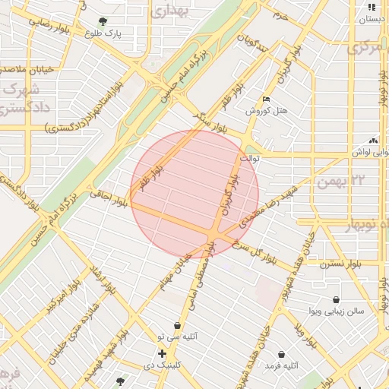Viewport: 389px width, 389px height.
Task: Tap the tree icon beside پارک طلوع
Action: (x=103, y=21)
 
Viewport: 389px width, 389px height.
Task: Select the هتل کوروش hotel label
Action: (x=266, y=111)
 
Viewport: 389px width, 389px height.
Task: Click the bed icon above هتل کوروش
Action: (x=265, y=99)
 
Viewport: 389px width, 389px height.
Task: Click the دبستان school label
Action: (x=370, y=19)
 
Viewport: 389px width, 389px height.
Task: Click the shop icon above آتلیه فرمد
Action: (x=282, y=355)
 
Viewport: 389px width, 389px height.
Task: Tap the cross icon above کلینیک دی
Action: (x=162, y=353)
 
